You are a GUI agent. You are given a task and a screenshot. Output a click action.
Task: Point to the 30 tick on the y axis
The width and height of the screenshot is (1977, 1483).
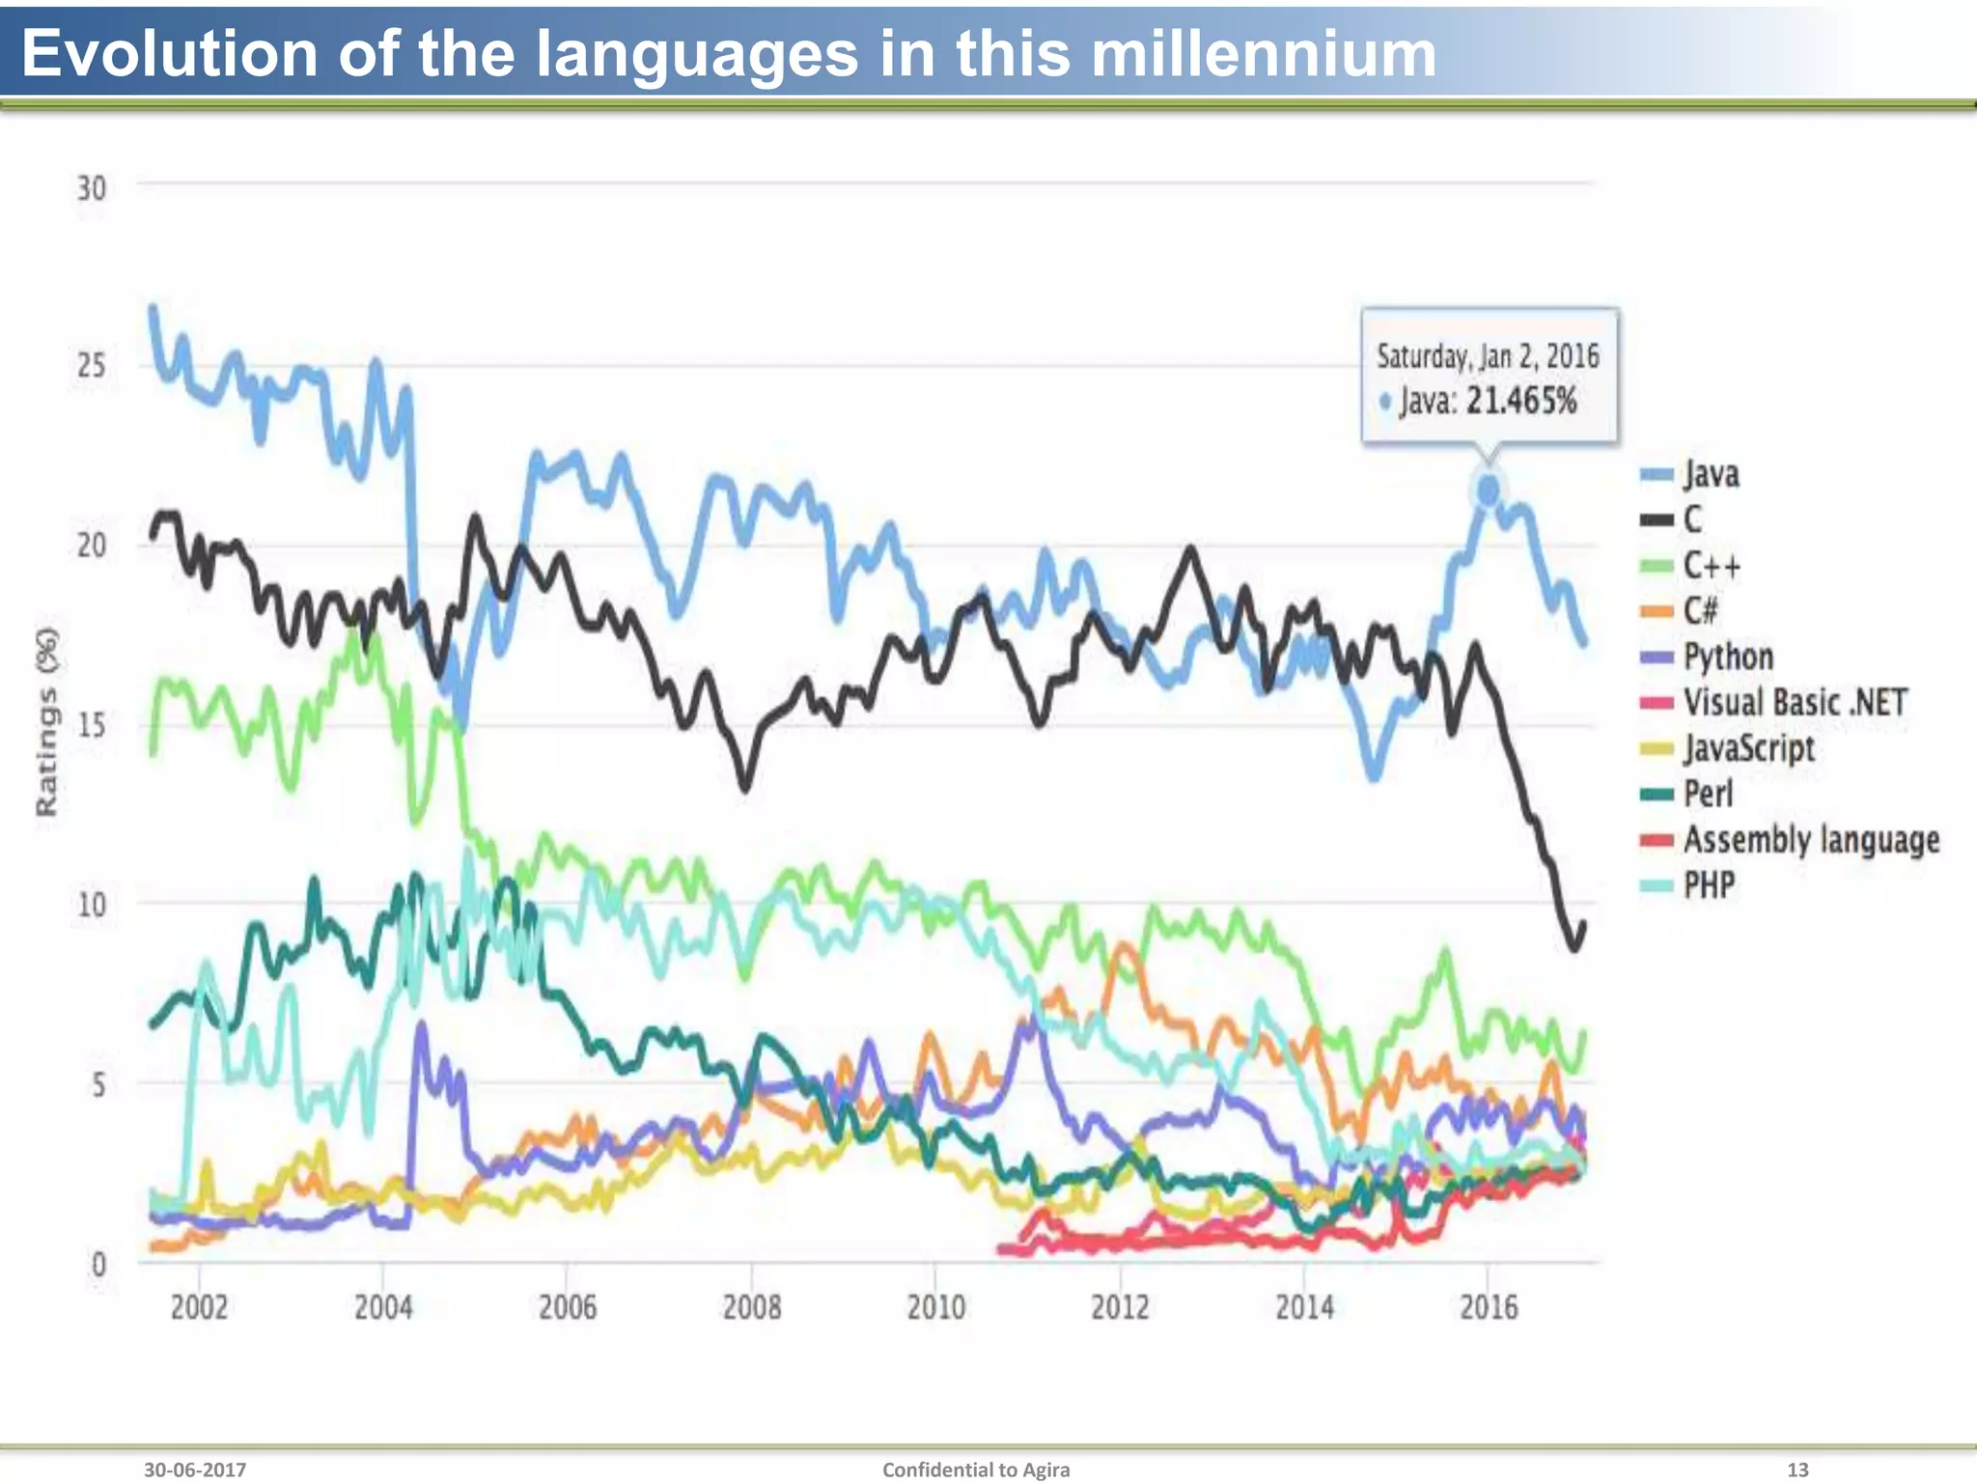tap(92, 188)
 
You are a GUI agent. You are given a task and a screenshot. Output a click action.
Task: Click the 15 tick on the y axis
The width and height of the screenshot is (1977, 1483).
tap(92, 725)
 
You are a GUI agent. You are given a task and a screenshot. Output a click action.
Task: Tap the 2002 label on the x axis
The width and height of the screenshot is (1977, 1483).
tap(199, 1308)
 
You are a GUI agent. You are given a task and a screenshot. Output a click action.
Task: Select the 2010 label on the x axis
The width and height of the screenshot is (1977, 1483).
tap(935, 1308)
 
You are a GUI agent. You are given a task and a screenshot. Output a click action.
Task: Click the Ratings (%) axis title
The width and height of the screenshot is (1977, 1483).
tap(46, 721)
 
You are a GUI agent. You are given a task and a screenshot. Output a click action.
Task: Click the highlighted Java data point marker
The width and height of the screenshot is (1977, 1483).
tap(1488, 491)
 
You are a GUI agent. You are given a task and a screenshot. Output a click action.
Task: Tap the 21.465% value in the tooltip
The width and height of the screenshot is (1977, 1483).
tap(1520, 401)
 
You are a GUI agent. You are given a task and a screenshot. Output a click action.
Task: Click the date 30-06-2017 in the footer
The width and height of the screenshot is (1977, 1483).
tap(195, 1469)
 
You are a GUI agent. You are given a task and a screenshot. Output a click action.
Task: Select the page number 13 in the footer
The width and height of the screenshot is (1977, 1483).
tap(1796, 1469)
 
